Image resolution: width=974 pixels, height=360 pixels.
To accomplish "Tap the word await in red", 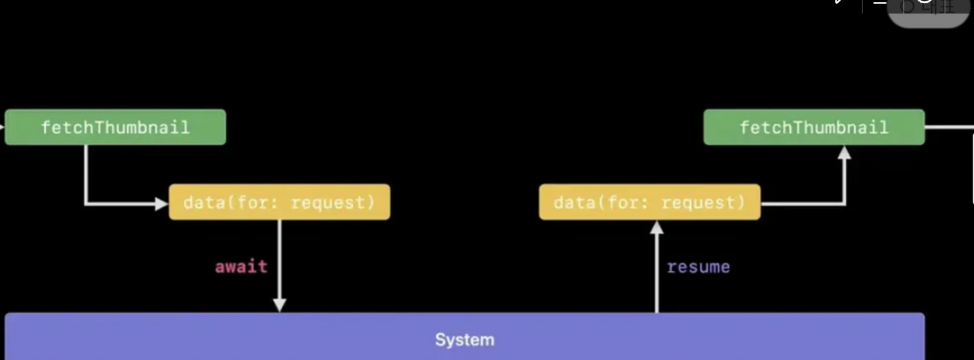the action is [x=241, y=266].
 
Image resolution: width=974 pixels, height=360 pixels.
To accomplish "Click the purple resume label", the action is [x=698, y=266].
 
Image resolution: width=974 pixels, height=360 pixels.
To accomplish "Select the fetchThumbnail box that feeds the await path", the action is [x=115, y=127].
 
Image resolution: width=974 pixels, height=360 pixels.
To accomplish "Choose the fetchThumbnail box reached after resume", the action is [x=813, y=127].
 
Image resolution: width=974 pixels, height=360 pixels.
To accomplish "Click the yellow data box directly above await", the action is [x=279, y=202].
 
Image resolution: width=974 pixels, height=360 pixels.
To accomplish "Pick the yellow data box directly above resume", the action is [x=650, y=202].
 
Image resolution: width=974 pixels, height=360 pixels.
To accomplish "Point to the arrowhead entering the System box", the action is [x=279, y=305].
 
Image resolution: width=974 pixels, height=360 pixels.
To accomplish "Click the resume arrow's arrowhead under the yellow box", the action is [x=657, y=227].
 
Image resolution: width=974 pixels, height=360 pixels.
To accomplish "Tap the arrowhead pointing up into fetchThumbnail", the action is [x=844, y=153].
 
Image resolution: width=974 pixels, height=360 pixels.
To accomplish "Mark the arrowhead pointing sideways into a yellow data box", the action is [x=161, y=204].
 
